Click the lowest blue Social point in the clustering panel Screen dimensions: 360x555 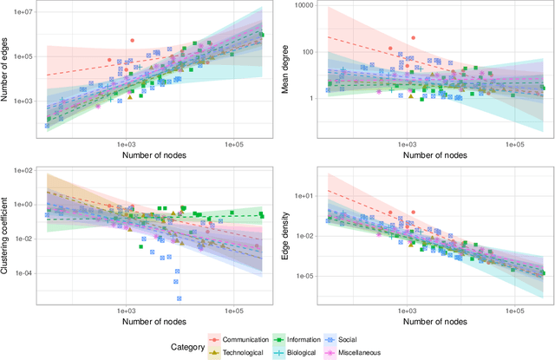pos(180,298)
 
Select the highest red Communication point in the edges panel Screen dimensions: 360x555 pos(132,40)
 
